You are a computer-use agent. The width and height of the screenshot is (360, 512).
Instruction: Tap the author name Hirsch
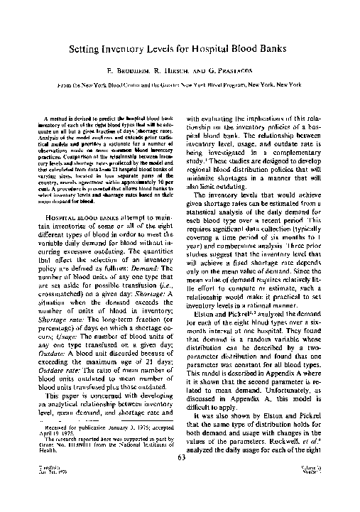point(178,72)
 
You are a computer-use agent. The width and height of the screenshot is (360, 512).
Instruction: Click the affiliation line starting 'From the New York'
point(180,84)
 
